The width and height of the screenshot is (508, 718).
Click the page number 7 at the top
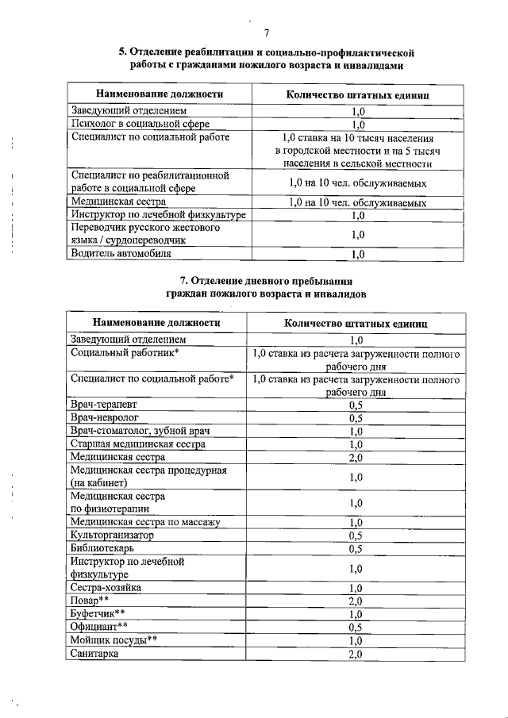click(267, 32)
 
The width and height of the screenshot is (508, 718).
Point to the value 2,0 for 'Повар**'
click(356, 601)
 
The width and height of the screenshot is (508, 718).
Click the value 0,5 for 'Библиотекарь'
click(356, 548)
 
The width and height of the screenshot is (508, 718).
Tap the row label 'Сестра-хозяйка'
click(107, 588)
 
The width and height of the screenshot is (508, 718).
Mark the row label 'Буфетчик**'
click(98, 613)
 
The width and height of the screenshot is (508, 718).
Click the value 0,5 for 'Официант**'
click(356, 627)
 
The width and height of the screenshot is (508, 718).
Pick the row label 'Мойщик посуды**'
click(114, 639)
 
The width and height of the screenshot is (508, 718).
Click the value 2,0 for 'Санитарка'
click(356, 653)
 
